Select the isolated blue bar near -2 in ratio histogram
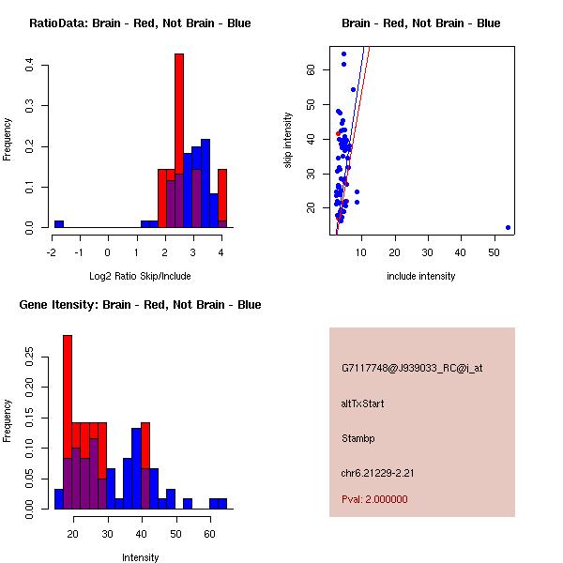click(x=58, y=224)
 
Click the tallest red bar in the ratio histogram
click(x=178, y=141)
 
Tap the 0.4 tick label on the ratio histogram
click(x=30, y=65)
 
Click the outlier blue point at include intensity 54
click(x=508, y=227)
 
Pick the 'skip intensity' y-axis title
click(x=288, y=141)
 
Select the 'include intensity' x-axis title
click(x=421, y=276)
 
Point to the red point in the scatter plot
click(x=338, y=133)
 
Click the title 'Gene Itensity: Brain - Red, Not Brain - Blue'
click(x=140, y=305)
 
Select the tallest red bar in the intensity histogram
click(x=68, y=394)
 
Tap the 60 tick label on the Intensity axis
click(x=209, y=534)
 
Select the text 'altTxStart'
click(x=362, y=403)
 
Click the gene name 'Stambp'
click(x=358, y=438)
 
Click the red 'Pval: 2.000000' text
click(x=374, y=499)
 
